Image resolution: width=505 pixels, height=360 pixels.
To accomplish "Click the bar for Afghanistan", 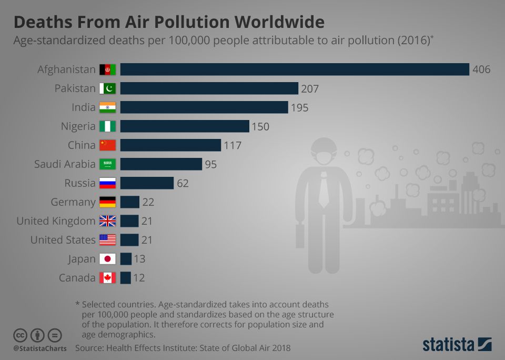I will (295, 69).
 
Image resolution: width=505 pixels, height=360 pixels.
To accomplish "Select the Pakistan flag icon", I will (107, 88).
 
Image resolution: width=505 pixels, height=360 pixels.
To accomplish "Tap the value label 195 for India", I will (299, 107).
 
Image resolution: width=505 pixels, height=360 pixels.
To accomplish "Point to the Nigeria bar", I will (185, 126).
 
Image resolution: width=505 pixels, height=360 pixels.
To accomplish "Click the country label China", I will (82, 145).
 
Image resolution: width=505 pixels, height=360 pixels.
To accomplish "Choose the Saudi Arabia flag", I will (107, 164).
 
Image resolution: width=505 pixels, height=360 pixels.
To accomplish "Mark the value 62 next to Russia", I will (183, 183).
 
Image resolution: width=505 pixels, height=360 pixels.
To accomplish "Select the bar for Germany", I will (130, 202).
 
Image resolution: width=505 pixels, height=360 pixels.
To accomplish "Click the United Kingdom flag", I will (107, 221).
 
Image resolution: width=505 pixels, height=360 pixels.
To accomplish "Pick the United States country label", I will (63, 240).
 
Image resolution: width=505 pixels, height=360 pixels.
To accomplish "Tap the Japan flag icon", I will (107, 259).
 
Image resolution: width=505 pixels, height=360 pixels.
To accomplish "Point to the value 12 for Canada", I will (138, 278).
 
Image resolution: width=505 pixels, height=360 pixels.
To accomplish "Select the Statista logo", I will (457, 345).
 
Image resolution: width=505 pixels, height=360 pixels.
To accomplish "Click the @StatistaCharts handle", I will (40, 348).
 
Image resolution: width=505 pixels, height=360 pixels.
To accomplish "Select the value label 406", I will (481, 69).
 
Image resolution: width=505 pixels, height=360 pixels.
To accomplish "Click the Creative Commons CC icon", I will (21, 335).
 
